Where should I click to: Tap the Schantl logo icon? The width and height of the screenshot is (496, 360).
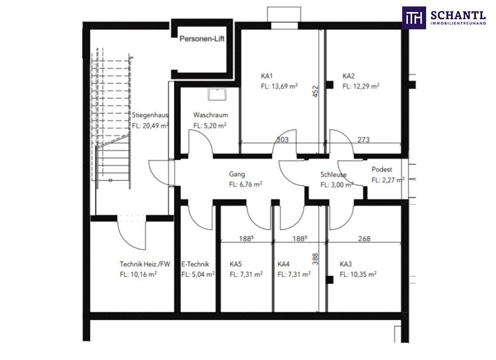(413, 17)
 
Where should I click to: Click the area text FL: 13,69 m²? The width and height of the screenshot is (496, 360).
(279, 86)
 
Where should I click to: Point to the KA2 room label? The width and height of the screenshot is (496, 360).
(349, 76)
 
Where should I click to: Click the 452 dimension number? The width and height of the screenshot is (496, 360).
(315, 91)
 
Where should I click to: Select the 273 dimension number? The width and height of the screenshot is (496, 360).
(363, 140)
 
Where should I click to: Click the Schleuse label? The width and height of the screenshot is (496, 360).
(333, 175)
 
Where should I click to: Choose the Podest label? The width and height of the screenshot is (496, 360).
(382, 169)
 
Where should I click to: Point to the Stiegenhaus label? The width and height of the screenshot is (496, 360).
(151, 116)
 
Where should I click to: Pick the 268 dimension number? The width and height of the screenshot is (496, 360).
(364, 239)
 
